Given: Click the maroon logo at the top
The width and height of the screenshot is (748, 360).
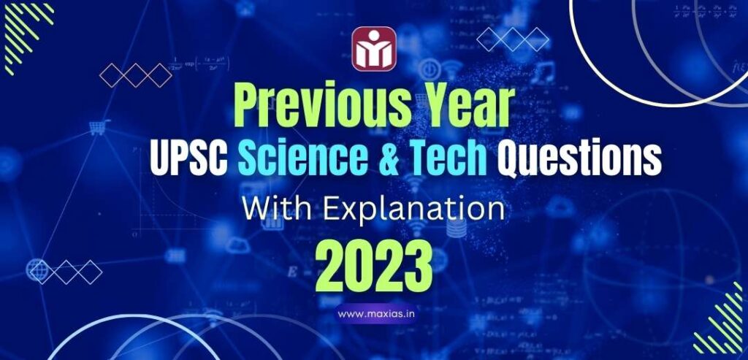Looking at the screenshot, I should tap(374, 50).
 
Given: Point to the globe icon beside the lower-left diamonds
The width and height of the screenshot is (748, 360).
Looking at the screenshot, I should tap(36, 269).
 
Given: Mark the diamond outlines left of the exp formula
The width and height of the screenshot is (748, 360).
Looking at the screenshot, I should tap(135, 74).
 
